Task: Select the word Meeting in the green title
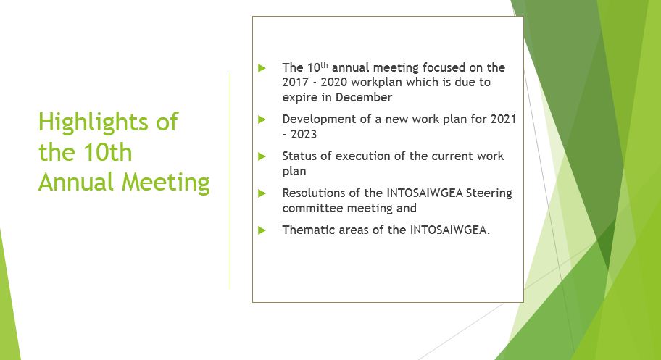pyautogui.click(x=166, y=183)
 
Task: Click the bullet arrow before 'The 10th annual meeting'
pyautogui.click(x=262, y=67)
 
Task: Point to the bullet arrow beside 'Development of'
pyautogui.click(x=262, y=120)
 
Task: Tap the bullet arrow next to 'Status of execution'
pyautogui.click(x=262, y=156)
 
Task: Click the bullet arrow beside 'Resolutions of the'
pyautogui.click(x=262, y=193)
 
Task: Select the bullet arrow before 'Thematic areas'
pyautogui.click(x=262, y=230)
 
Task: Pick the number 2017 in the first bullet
pyautogui.click(x=295, y=82)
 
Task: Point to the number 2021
pyautogui.click(x=503, y=120)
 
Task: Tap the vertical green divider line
pyautogui.click(x=230, y=182)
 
